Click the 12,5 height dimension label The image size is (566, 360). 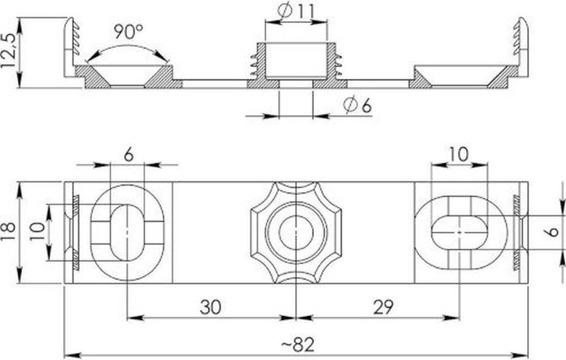[x=8, y=51]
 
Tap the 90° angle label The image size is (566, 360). [x=129, y=31]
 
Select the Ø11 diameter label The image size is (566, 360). [x=296, y=11]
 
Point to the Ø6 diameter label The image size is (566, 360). [x=358, y=105]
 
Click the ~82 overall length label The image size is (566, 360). [x=298, y=344]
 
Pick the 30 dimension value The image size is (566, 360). [x=210, y=307]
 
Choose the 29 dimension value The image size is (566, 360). [x=383, y=307]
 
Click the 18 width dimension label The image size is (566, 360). [x=8, y=232]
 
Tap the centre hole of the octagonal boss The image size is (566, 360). [x=296, y=232]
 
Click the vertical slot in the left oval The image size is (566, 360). [x=127, y=232]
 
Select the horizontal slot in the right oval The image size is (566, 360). [x=459, y=232]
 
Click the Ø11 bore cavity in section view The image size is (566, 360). [x=296, y=60]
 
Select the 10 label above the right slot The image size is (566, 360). [x=459, y=154]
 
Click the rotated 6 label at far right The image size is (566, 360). [x=553, y=232]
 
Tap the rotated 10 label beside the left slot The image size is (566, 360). [x=37, y=232]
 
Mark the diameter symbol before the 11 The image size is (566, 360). [x=285, y=11]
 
